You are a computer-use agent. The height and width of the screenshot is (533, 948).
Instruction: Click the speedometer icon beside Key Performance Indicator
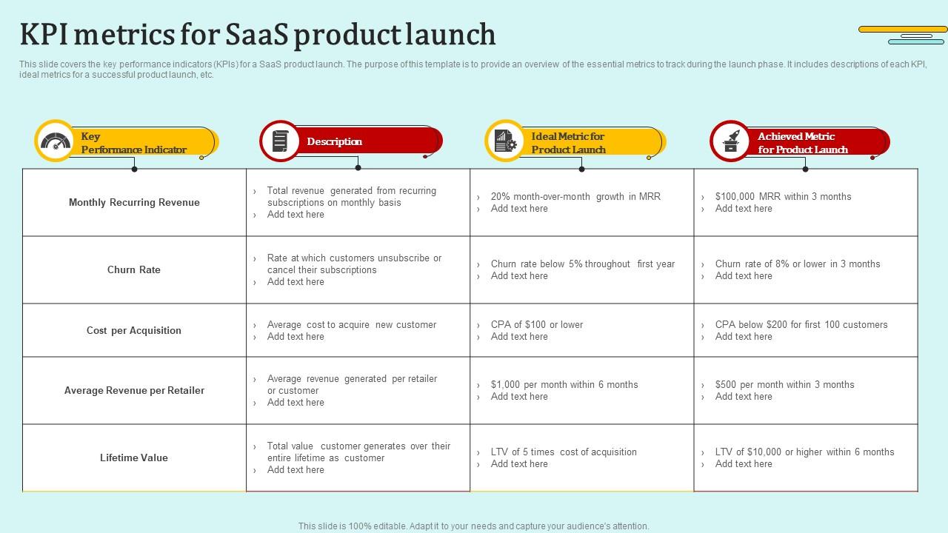click(x=56, y=141)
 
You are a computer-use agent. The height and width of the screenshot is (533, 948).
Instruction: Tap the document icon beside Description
click(x=280, y=141)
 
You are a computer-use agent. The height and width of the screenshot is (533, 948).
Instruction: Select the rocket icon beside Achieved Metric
click(x=731, y=141)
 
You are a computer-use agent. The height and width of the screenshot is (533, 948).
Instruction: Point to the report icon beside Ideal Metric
click(x=505, y=141)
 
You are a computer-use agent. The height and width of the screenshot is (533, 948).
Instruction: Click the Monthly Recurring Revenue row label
click(x=134, y=202)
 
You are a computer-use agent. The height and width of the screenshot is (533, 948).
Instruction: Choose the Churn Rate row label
click(x=134, y=269)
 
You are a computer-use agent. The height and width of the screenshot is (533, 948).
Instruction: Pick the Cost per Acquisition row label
click(x=134, y=330)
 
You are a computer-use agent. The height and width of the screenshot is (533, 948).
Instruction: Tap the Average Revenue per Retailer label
click(x=134, y=390)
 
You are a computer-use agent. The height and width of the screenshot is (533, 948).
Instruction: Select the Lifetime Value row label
click(x=134, y=457)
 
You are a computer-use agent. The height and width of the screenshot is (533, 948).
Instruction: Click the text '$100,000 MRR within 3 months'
click(x=783, y=196)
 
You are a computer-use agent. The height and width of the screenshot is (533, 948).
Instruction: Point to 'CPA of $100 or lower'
click(x=536, y=324)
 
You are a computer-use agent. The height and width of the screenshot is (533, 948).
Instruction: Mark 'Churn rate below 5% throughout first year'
click(x=582, y=264)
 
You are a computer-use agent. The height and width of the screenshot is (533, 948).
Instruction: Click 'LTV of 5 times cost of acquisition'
click(x=563, y=452)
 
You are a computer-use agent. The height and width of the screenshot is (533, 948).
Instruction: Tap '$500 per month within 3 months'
click(x=784, y=384)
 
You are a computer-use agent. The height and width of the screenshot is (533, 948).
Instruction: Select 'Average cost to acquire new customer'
click(x=351, y=324)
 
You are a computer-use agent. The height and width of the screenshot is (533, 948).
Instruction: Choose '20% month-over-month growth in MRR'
click(x=575, y=196)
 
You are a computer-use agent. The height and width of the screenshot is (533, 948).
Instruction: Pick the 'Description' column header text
click(x=334, y=141)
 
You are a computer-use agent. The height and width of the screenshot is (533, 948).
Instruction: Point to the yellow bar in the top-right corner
click(x=903, y=30)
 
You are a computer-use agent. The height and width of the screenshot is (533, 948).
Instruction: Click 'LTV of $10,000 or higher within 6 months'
click(x=804, y=452)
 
